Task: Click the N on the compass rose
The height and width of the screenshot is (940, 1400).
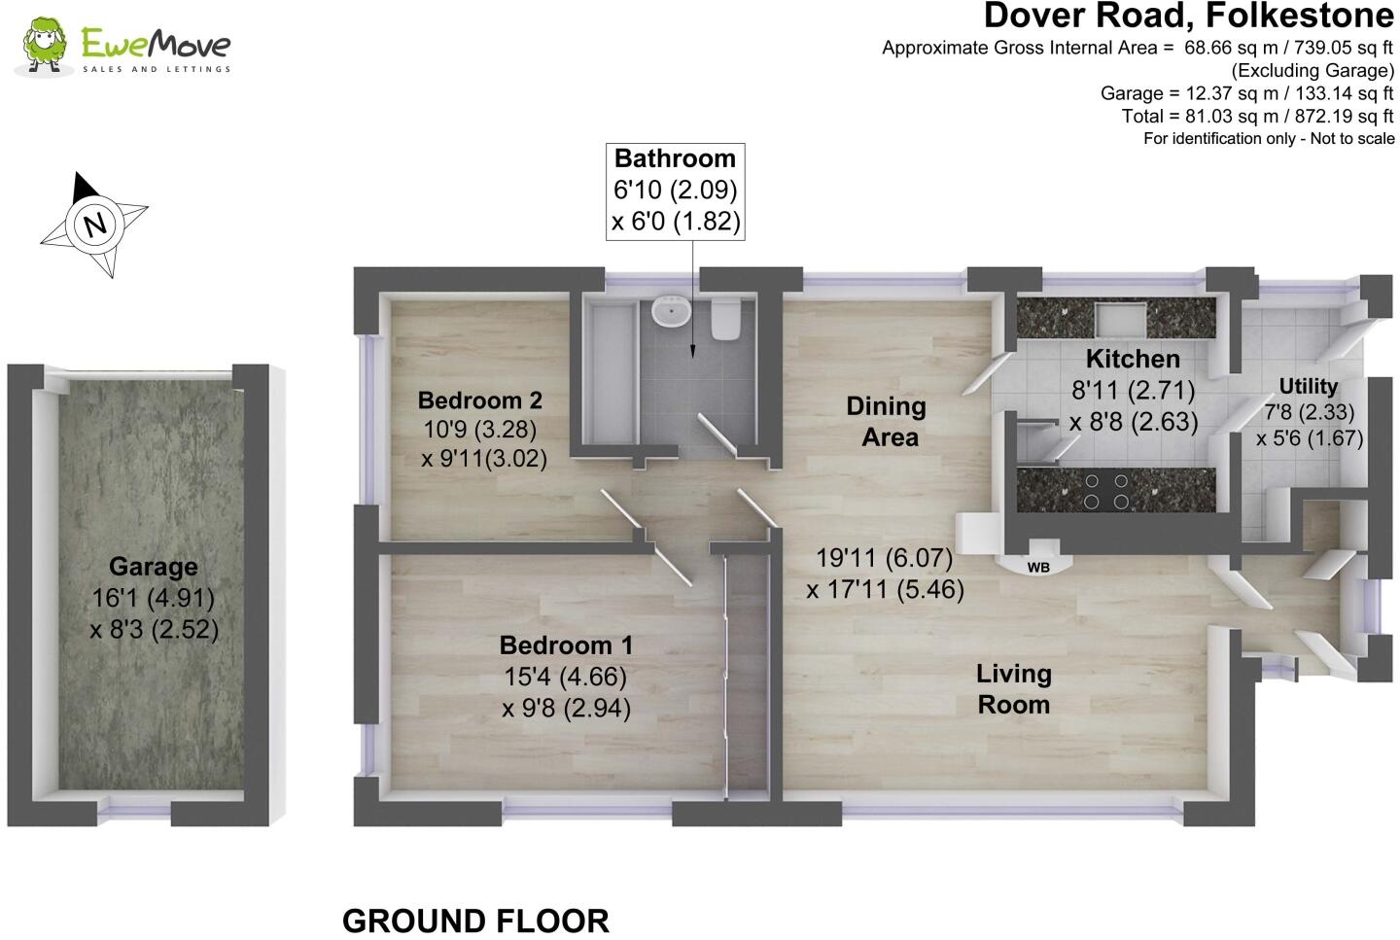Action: (x=94, y=226)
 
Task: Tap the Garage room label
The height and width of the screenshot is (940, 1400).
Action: (x=153, y=567)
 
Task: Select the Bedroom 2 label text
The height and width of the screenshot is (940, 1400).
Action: (x=479, y=400)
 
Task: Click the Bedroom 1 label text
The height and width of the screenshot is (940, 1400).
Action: (x=566, y=645)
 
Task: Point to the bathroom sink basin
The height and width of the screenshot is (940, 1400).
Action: (x=671, y=312)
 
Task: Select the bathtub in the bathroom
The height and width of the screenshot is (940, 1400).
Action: (x=608, y=369)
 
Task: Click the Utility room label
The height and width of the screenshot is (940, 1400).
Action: (x=1308, y=387)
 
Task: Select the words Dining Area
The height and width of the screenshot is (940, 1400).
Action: (x=887, y=422)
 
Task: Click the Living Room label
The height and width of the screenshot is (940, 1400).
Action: (x=1014, y=689)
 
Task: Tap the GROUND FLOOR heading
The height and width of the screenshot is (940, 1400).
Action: (x=475, y=921)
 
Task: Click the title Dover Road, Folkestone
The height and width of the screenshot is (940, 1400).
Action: (x=1188, y=17)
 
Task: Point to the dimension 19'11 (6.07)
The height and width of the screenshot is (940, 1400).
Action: (x=884, y=559)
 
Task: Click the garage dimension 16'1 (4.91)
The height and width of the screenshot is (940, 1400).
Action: (x=153, y=598)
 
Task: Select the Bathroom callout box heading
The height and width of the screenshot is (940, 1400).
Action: (x=675, y=158)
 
